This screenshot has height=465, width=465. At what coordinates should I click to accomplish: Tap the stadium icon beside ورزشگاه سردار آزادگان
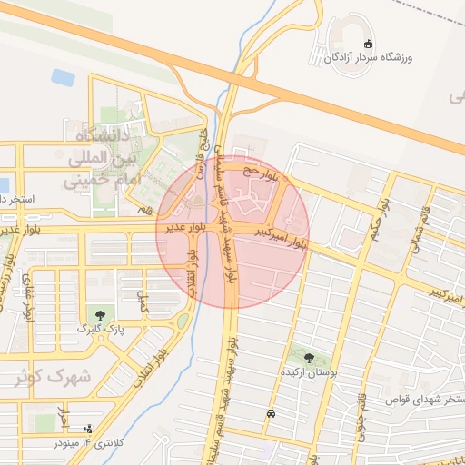click(367, 45)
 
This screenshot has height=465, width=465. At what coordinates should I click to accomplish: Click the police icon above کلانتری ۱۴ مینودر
click(87, 428)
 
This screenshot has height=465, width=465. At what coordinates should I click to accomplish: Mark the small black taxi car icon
click(271, 413)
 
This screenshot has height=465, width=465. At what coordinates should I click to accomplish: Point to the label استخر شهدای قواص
click(428, 399)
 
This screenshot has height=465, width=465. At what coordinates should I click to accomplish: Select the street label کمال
click(142, 301)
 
